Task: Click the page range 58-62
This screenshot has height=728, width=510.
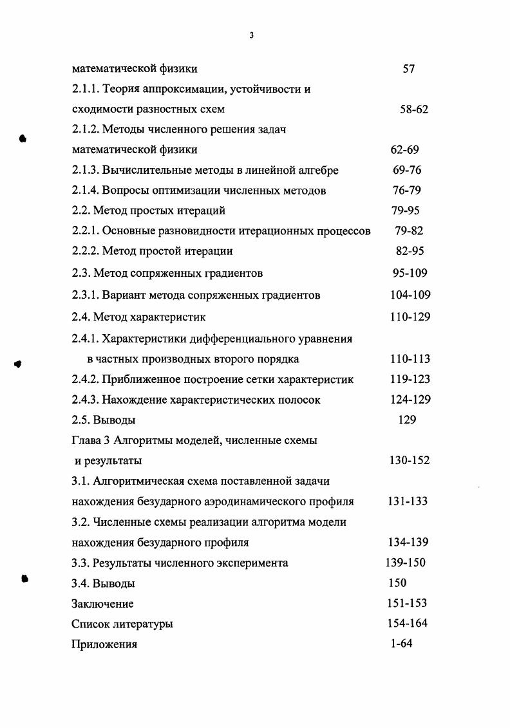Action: (413, 109)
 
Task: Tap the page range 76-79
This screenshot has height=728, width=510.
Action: (406, 191)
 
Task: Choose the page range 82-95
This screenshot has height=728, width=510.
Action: (410, 251)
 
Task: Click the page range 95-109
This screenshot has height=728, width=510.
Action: (410, 274)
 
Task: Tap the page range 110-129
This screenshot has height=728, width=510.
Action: (410, 317)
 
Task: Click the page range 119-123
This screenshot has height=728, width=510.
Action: (410, 379)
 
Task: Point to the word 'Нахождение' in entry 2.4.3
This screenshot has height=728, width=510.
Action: (133, 400)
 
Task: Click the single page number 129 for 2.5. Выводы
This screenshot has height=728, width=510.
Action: (407, 420)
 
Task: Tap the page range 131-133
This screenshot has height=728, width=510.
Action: (408, 501)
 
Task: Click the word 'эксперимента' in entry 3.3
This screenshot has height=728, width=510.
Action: (253, 563)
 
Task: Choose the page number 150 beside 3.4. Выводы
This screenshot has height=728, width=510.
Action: (397, 583)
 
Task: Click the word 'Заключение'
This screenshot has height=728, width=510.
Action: (102, 604)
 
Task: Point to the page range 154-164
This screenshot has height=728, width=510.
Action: (408, 623)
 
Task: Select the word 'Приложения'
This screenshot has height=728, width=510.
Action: (104, 644)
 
